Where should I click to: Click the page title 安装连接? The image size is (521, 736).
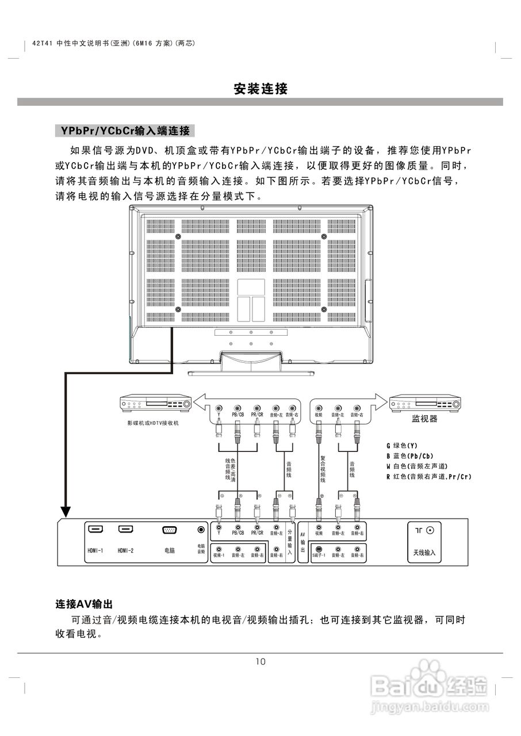(260, 89)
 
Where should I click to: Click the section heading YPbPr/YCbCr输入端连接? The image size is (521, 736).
(125, 131)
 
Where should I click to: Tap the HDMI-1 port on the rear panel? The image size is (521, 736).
(95, 529)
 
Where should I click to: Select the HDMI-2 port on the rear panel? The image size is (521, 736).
(125, 529)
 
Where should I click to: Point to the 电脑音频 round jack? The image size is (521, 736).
(201, 530)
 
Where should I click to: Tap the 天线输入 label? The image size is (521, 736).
(424, 553)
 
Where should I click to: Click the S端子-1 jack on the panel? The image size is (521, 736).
(319, 549)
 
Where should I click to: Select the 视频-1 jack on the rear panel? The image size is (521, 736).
(219, 549)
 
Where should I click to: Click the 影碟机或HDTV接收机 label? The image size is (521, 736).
(154, 423)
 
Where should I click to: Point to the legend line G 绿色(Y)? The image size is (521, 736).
(402, 446)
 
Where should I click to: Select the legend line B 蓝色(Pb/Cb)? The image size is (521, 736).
(410, 456)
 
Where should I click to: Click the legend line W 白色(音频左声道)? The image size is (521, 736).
(417, 466)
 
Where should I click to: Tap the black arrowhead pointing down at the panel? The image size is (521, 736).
(66, 512)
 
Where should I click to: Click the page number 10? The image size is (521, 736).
(260, 661)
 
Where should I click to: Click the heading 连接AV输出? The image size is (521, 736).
(84, 604)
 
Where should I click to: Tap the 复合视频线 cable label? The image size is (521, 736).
(323, 469)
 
